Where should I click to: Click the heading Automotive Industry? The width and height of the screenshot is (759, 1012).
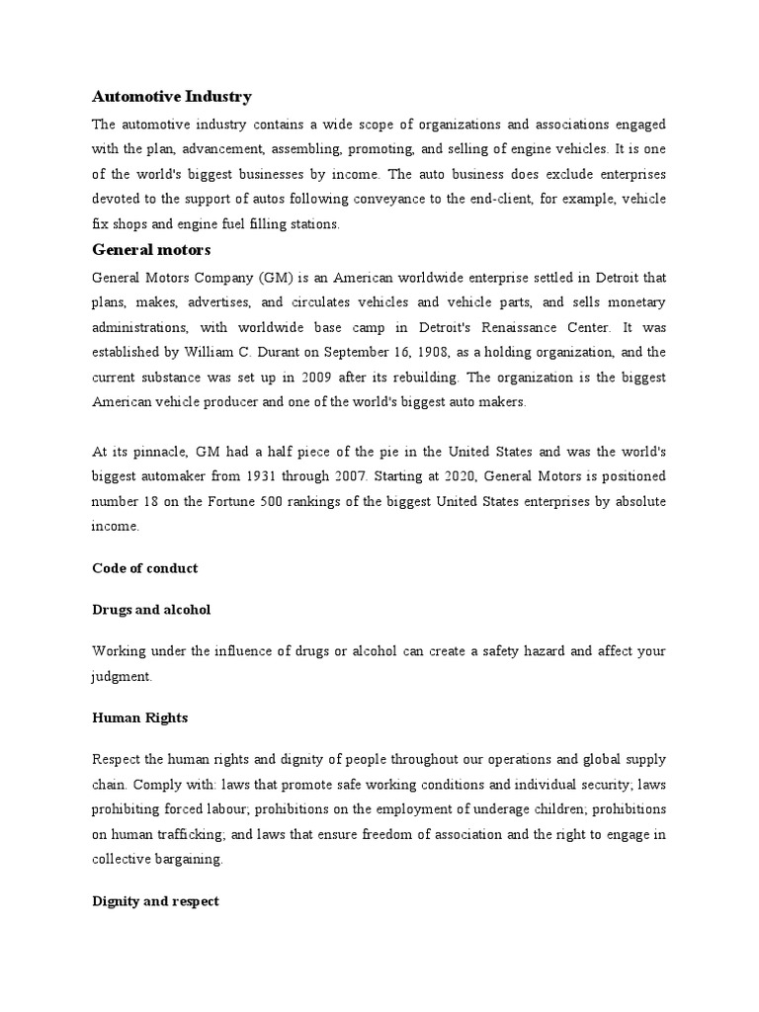click(172, 96)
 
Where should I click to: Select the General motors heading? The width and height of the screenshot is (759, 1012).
click(151, 249)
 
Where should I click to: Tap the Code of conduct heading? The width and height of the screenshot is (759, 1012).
click(144, 568)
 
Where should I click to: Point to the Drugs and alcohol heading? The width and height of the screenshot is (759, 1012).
click(151, 610)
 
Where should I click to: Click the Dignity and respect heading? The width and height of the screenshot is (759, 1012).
click(155, 901)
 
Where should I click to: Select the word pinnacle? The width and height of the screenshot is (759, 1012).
click(155, 451)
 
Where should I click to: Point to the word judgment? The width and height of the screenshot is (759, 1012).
click(122, 677)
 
